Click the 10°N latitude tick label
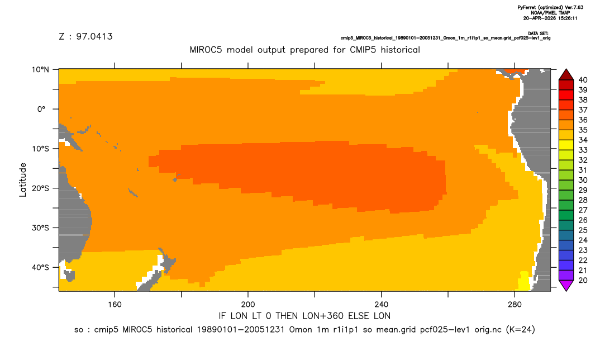coord(40,70)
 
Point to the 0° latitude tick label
coord(42,109)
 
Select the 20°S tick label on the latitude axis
coord(40,188)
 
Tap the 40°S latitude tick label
coord(40,267)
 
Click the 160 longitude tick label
coord(115,305)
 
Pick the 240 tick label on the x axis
coord(382,305)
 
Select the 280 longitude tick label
coord(515,305)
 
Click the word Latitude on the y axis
coord(23,180)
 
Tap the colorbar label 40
coord(583,80)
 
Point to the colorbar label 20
coord(583,281)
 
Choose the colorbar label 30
coord(583,181)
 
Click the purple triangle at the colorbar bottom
coord(566,285)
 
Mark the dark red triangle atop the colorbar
coord(566,75)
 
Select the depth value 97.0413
coord(94,37)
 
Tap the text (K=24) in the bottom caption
coord(521,329)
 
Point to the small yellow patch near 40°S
coord(524,281)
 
